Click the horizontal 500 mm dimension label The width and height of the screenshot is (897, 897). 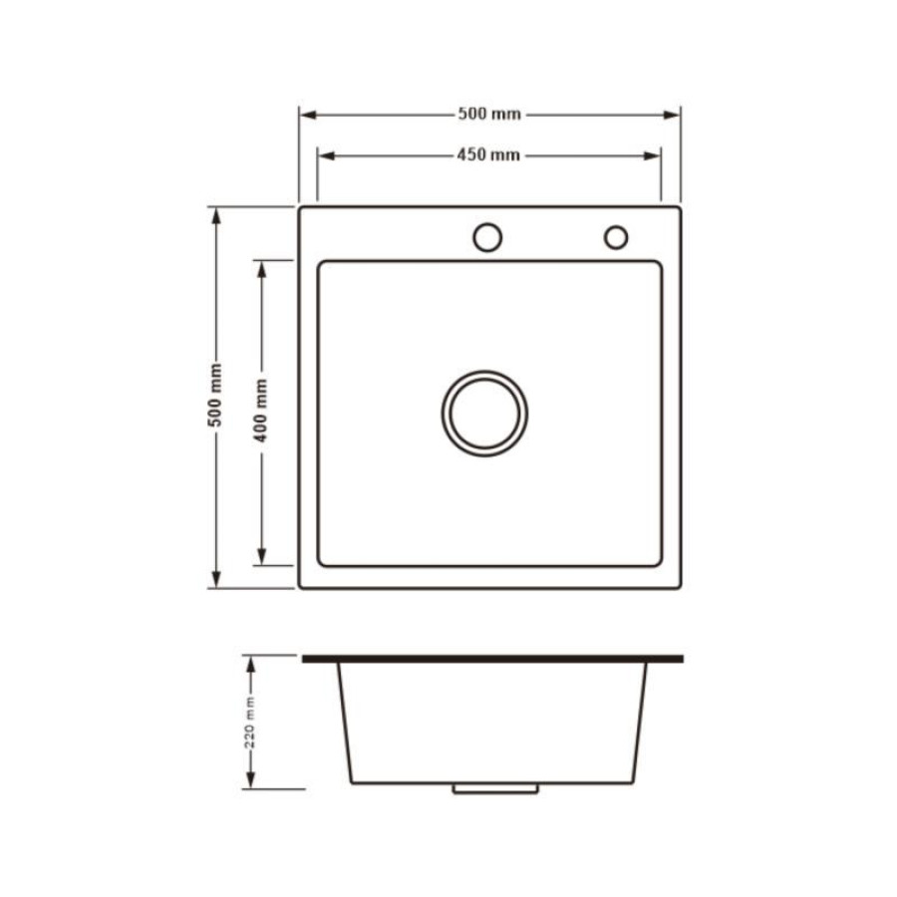point(489,115)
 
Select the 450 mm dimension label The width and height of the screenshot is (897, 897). point(488,155)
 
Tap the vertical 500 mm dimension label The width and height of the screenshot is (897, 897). point(215,395)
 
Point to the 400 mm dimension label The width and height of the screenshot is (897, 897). point(261,411)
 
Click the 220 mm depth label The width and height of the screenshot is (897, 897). point(250,722)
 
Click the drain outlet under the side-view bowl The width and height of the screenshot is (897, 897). point(495,789)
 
